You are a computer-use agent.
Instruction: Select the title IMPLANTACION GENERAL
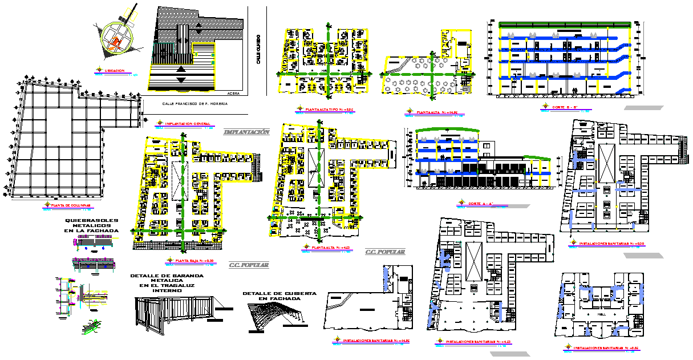coord(187,124)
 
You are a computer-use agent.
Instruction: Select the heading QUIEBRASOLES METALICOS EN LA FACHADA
coord(92,225)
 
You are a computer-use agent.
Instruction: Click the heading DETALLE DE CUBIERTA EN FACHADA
coord(279,296)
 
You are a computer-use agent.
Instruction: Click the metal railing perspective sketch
coord(174,313)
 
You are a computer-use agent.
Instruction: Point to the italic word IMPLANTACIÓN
coord(246,132)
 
